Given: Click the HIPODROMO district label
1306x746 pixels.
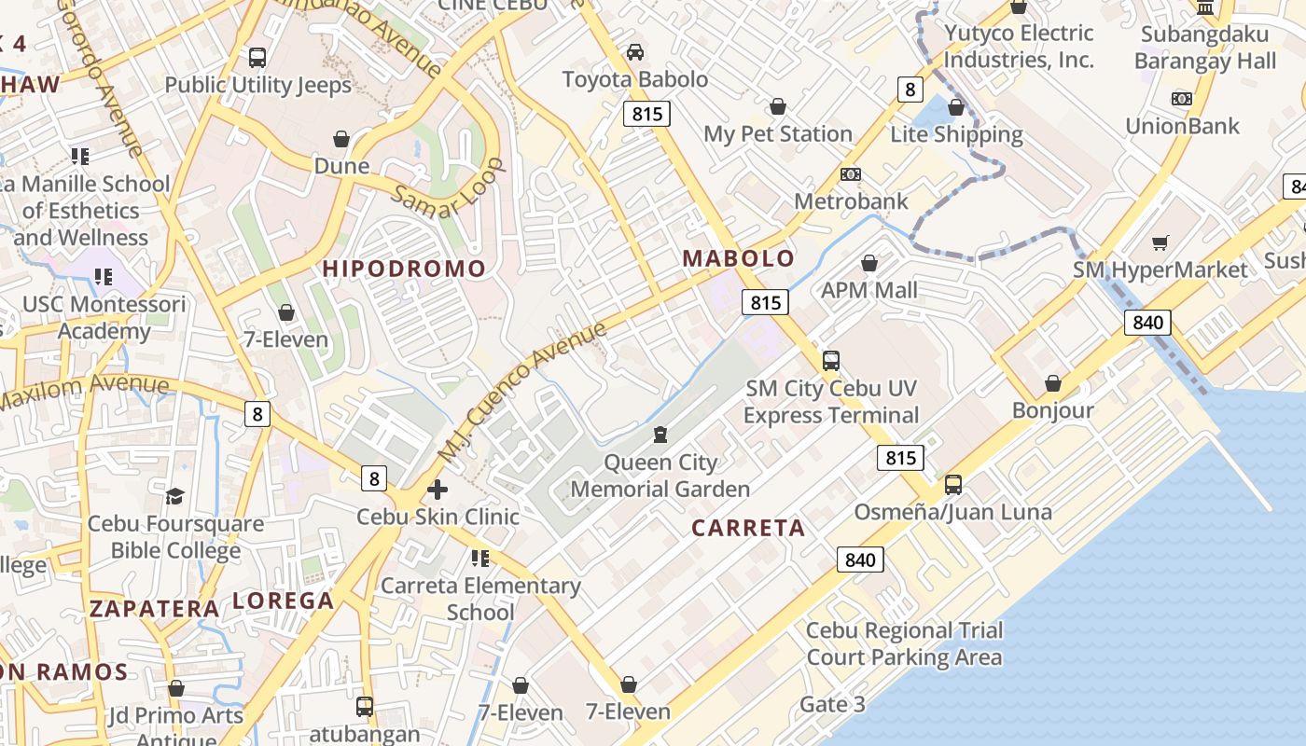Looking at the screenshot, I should coord(404,269).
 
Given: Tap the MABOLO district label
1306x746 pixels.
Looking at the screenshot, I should coord(739,258).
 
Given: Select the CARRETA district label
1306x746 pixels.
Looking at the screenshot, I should coord(748,528).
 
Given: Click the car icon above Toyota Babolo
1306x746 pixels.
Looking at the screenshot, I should coord(635,52).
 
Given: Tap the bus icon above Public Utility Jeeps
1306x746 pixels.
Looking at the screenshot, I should coord(257,58).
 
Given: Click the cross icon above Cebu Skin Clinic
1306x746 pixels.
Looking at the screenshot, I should coord(437,489).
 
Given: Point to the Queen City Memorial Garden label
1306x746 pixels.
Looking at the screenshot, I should coord(660,476).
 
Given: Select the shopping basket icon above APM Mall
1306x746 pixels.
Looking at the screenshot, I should coord(869,264).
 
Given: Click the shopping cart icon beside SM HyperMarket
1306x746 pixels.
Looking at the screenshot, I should coord(1160,243).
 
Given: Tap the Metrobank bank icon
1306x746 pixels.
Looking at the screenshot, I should coord(850,174).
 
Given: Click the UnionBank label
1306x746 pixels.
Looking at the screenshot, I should coord(1182,126).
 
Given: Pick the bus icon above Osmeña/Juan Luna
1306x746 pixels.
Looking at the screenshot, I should coord(952,485).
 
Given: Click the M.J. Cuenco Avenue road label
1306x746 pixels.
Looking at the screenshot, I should coord(522,392).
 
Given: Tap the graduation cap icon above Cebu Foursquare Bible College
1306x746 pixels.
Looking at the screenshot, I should coord(175,495).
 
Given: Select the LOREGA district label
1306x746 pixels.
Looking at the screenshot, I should coord(283,601).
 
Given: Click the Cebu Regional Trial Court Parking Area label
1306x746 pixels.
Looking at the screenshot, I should coord(904,643).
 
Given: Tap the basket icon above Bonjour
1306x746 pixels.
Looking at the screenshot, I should coord(1052,383).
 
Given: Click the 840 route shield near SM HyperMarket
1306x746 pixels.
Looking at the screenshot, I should coord(1146,323).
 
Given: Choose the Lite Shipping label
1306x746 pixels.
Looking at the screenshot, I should coord(956,134).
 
